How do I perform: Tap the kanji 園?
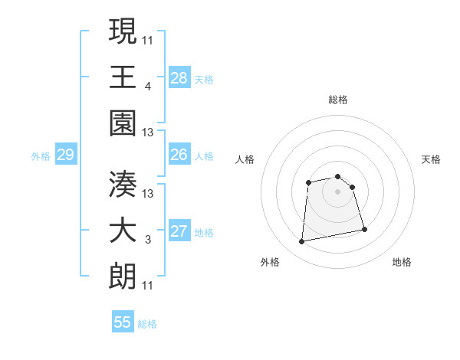coord(123,122)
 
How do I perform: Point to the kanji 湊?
coord(123,183)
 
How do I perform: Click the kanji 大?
coord(123,229)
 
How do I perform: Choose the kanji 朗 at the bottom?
coord(123,275)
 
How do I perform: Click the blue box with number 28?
coord(179,77)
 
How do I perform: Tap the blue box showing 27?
coord(179,232)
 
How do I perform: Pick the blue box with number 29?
coord(65,155)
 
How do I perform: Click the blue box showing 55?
coord(123,322)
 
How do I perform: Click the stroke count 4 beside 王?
coord(147,86)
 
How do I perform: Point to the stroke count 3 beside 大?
coord(147,240)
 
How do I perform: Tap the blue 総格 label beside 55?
coord(147,324)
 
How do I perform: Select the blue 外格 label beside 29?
coord(41,156)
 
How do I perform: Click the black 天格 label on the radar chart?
coord(432,159)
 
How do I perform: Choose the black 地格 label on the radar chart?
coord(402,262)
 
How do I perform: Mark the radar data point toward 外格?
coord(302,242)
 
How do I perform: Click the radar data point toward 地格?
coord(364,229)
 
